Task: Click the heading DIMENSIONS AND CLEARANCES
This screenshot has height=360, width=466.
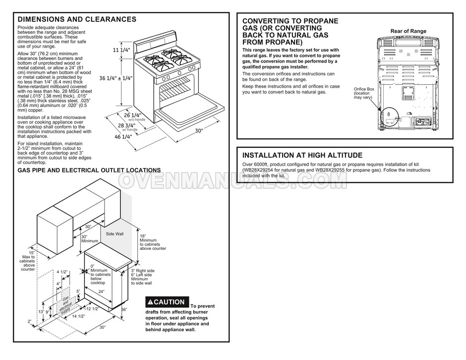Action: click(77, 19)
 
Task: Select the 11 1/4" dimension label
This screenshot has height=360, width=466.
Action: click(122, 50)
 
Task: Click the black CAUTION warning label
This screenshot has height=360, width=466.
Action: click(167, 302)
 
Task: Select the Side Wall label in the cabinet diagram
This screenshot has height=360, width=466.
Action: click(115, 233)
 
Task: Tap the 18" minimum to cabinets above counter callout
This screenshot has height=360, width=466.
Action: click(152, 242)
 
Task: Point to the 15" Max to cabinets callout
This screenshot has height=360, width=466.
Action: click(28, 261)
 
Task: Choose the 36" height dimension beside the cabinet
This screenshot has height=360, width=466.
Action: click(124, 310)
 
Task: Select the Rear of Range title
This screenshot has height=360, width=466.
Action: click(408, 31)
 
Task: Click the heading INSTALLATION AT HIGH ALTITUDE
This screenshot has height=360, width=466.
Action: click(302, 155)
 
